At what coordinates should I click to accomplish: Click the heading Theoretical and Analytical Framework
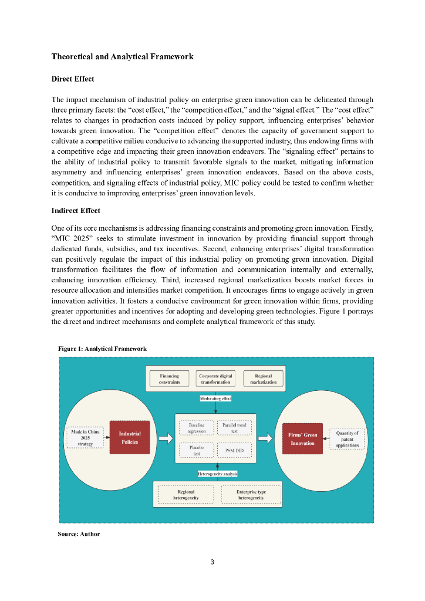(x=122, y=57)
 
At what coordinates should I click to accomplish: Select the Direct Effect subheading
(x=73, y=79)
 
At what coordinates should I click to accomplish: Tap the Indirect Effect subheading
(x=76, y=211)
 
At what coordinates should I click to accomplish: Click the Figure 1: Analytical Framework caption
(x=102, y=349)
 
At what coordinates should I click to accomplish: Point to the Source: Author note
(x=79, y=534)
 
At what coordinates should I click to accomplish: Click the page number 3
(x=212, y=562)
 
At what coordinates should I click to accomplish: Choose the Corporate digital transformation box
(x=215, y=379)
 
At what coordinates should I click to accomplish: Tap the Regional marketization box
(x=263, y=379)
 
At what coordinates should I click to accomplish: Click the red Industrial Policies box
(x=130, y=437)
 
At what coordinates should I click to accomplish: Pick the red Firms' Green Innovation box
(x=302, y=438)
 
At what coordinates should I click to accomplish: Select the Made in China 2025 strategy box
(x=86, y=438)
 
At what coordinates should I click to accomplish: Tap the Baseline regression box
(x=196, y=427)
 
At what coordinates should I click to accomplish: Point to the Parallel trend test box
(x=234, y=427)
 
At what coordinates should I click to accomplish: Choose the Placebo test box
(x=196, y=450)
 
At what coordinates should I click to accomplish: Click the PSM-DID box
(x=234, y=450)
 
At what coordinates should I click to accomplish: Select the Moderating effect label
(x=215, y=399)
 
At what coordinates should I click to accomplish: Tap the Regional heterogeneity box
(x=185, y=495)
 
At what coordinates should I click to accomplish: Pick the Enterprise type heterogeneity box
(x=251, y=495)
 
